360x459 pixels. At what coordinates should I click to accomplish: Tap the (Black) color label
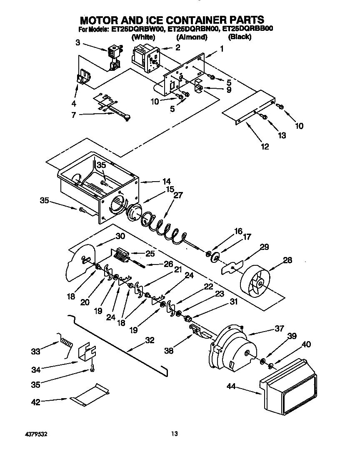(240, 37)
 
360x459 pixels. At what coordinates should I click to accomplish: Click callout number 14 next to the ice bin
(166, 182)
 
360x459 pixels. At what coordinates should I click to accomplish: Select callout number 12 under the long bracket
(265, 146)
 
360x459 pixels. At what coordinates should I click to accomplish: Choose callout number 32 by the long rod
(149, 340)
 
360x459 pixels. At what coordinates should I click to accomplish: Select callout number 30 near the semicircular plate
(120, 236)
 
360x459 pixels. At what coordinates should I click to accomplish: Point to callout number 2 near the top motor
(177, 47)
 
